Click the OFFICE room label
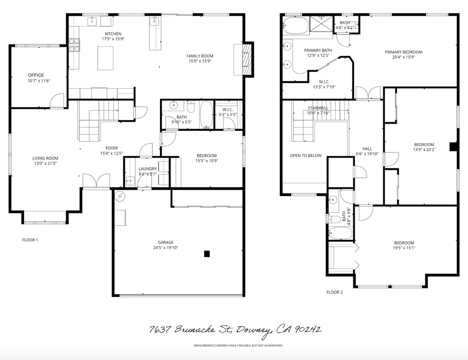(36, 75)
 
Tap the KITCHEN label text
(113, 34)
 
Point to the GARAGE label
(166, 242)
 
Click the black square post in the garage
(207, 253)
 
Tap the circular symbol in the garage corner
(120, 197)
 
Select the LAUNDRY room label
(148, 169)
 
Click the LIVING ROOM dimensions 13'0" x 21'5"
(44, 163)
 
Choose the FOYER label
(112, 148)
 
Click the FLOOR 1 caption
(30, 240)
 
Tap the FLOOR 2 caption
(335, 292)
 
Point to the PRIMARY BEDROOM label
(403, 52)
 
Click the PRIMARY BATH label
(318, 50)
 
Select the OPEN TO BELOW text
(305, 156)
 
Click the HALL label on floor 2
(367, 149)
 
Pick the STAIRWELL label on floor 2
(318, 108)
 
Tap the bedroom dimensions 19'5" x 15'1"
(404, 248)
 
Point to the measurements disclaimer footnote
(238, 345)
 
